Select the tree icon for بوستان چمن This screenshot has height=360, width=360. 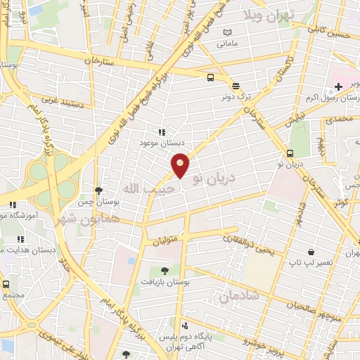coord(98,191)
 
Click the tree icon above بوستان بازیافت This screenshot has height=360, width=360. coord(165,270)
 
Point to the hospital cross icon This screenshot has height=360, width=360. coord(339,86)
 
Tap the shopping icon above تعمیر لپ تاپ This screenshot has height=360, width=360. coord(311,251)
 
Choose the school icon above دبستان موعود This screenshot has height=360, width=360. coord(161,131)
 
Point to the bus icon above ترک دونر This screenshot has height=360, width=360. coord(211,78)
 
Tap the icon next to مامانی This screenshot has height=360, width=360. coord(226,32)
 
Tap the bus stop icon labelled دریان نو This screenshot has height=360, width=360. coord(290,153)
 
